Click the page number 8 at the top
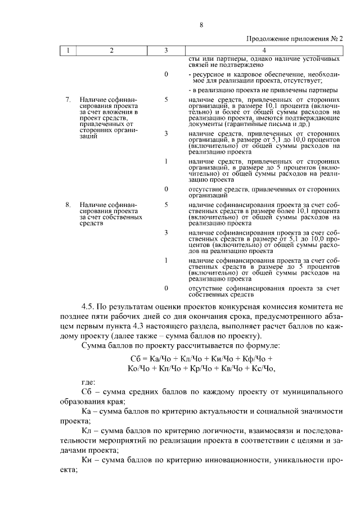point(200,24)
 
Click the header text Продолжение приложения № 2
point(295,39)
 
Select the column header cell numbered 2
point(111,51)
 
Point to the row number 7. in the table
point(68,100)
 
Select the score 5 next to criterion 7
point(166,100)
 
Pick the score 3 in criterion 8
point(166,232)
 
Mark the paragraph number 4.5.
point(88,307)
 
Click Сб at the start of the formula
point(136,358)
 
